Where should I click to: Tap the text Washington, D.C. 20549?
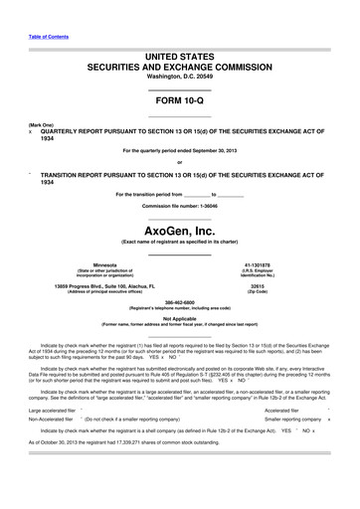pos(179,76)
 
